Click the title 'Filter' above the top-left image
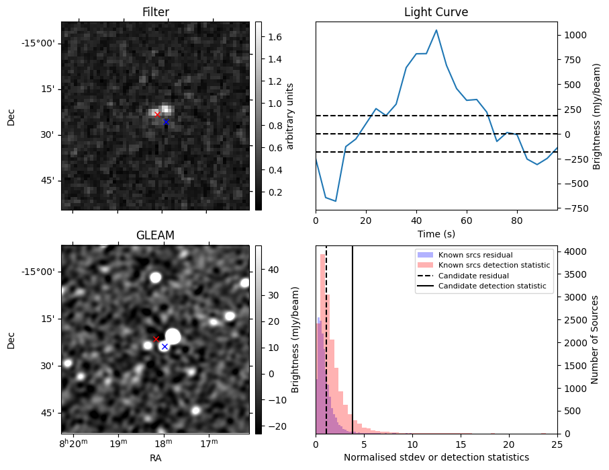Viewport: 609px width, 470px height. (155, 12)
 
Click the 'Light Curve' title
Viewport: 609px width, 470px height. (436, 12)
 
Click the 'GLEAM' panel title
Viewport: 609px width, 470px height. (155, 235)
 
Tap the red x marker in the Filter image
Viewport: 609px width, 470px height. (157, 114)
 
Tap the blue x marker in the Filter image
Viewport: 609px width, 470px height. (166, 122)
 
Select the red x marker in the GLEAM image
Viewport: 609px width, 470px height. (156, 339)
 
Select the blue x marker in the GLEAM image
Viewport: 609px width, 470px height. (165, 346)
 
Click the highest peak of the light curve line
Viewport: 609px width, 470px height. (436, 30)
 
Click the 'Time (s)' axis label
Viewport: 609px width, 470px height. (436, 233)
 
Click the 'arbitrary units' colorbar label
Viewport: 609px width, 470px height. (290, 116)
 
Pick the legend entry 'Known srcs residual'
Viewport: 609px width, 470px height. (475, 255)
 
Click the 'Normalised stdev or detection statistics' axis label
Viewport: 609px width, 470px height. (436, 457)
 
